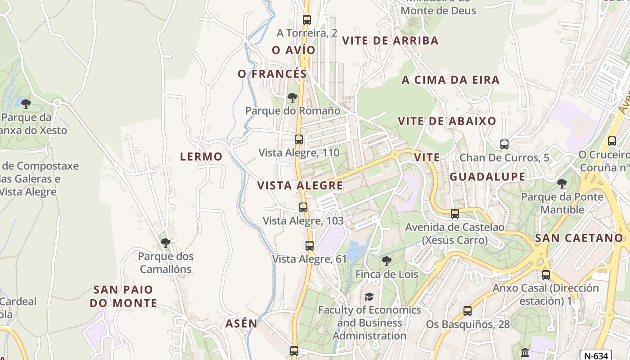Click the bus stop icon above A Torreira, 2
(x=307, y=20)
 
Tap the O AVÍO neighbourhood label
(x=293, y=50)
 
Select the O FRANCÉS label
(x=272, y=74)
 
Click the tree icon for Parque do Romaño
(x=292, y=97)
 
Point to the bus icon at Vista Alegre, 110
(x=299, y=139)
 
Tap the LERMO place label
(x=201, y=157)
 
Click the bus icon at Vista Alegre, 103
(x=303, y=207)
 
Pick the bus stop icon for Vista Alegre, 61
(x=310, y=246)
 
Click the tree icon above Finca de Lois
(x=387, y=261)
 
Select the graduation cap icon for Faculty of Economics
(x=369, y=297)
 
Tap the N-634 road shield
(x=594, y=355)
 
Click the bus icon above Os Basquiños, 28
(x=468, y=311)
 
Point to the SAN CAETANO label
(x=579, y=238)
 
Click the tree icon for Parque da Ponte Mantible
(x=562, y=184)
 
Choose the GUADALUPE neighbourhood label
(x=487, y=176)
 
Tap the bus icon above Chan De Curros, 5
(x=504, y=144)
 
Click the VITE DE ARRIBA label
(x=390, y=40)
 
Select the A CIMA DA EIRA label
(x=450, y=80)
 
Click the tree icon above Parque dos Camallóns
(x=166, y=243)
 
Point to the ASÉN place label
(x=241, y=323)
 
